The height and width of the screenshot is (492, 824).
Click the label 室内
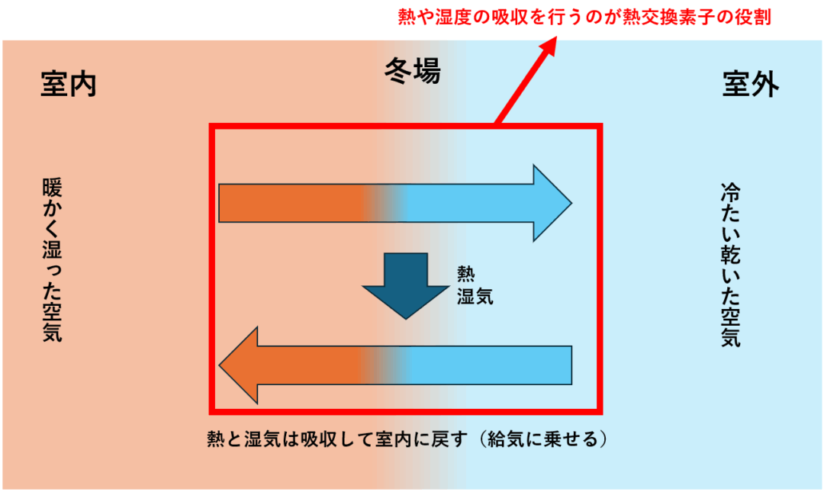coord(69,85)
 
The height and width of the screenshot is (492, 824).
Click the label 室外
coord(751,85)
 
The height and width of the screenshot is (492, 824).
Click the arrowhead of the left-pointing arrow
coord(238,365)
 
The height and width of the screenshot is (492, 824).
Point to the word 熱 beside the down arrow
coord(465,274)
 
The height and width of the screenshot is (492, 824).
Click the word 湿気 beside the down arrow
coord(475,296)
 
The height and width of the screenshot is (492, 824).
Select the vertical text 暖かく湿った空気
coord(52,259)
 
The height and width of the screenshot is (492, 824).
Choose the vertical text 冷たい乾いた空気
coord(730,264)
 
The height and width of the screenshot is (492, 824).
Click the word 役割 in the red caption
coord(755,17)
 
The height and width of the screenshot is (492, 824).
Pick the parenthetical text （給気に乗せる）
coord(542,440)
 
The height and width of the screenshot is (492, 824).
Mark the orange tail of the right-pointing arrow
coord(290,203)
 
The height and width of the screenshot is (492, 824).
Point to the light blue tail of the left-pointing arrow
coord(496,365)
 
